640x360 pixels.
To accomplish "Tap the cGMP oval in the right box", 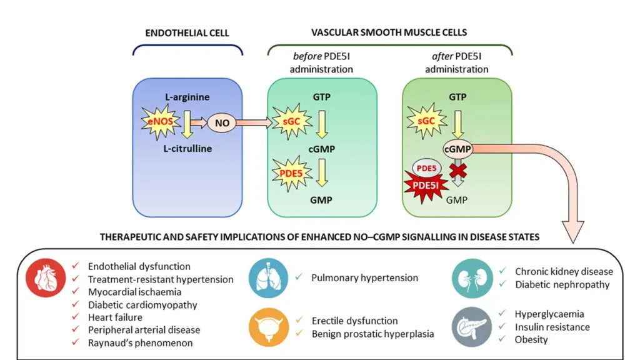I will pos(458,148).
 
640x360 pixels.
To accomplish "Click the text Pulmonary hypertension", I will pos(364,277).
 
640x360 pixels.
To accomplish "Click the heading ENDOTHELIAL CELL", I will pos(187,32).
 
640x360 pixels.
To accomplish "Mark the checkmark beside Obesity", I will pos(502,339).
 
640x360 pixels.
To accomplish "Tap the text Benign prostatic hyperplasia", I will pos(372,334).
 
